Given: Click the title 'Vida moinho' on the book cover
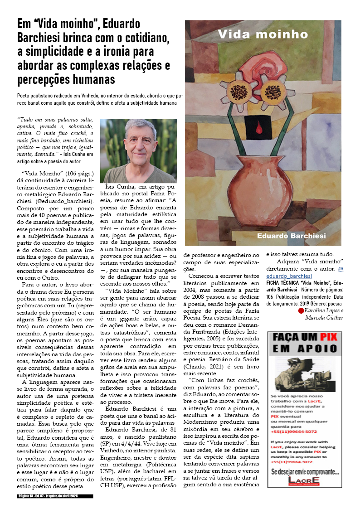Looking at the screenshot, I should pyautogui.click(x=263, y=34).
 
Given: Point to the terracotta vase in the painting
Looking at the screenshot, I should pyautogui.click(x=258, y=186).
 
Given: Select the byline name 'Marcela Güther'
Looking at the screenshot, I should pyautogui.click(x=324, y=317).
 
